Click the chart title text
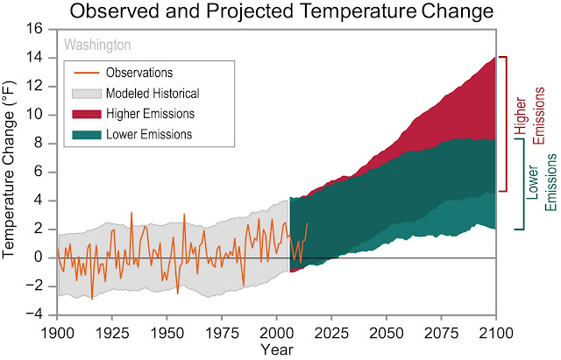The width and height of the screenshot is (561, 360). click(280, 12)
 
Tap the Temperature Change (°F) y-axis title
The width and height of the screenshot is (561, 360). click(13, 172)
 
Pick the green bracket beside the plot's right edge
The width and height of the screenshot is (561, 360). click(519, 182)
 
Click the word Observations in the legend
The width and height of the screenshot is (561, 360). click(138, 72)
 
